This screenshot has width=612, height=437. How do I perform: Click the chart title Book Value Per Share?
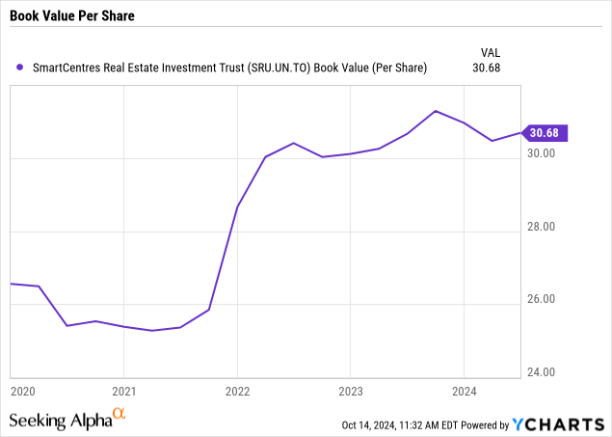pos(72,15)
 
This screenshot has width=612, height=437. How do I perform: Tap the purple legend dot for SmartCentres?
pos(19,68)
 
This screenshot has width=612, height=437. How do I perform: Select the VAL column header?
pos(491,52)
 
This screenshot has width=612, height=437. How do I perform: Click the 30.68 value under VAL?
pos(487,68)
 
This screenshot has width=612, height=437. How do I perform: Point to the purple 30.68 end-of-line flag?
pos(545,133)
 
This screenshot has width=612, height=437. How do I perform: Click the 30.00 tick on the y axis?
pos(541,153)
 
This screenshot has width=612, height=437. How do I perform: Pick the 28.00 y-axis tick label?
pos(541,227)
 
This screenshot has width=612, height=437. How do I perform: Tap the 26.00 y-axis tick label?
pos(541,299)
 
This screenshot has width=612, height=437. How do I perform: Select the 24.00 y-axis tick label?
pos(541,371)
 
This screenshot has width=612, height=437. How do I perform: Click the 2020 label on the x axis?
pos(23,391)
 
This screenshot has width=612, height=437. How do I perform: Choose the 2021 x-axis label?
pos(124,391)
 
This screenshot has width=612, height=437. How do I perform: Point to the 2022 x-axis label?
pos(237,391)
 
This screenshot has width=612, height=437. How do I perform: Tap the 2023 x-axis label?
pos(351,391)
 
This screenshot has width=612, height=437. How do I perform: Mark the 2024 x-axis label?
pos(465,391)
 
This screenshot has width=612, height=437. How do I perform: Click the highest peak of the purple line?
pos(436,111)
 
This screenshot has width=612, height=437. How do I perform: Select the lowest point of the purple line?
pos(152,331)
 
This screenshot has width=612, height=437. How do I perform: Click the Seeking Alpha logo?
pos(67,419)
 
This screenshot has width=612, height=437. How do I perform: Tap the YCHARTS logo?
pos(559,424)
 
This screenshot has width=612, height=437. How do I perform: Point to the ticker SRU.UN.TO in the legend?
pos(279,68)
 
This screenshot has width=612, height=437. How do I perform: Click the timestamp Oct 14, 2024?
pos(369,424)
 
